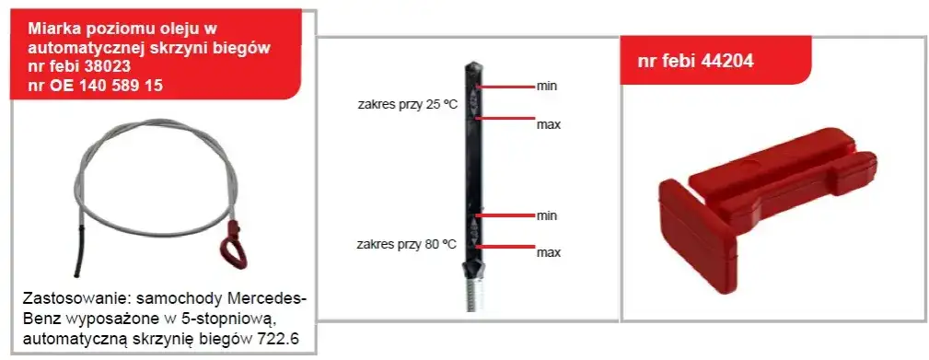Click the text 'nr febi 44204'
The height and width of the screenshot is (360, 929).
[x=695, y=61]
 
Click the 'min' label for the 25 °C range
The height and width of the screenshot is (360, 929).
[x=546, y=87]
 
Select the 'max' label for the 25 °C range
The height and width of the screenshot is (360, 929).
[x=549, y=125]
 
